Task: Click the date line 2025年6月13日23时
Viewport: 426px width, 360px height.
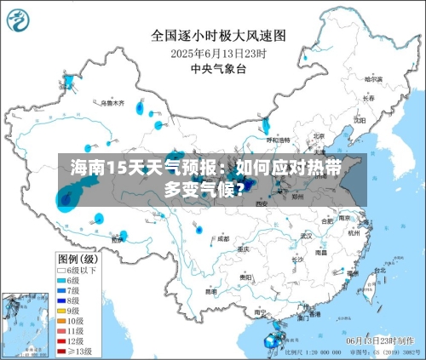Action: (218, 53)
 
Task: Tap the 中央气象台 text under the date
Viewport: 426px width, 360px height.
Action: (217, 68)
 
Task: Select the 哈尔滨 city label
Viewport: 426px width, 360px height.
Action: (373, 79)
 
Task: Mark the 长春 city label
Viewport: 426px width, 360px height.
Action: (368, 99)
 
